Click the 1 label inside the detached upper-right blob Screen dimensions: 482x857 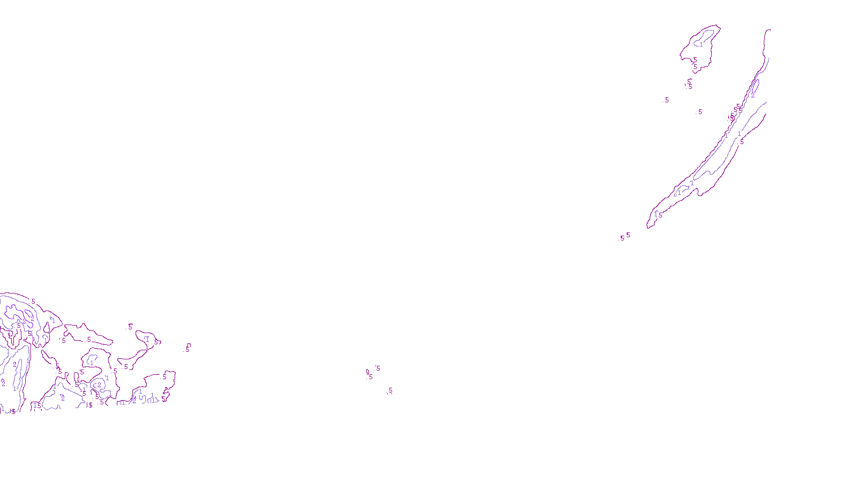pyautogui.click(x=701, y=44)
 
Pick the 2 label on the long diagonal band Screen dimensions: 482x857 pyautogui.click(x=753, y=95)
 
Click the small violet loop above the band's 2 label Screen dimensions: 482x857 pyautogui.click(x=755, y=86)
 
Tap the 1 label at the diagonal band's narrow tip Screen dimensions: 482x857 pyautogui.click(x=656, y=214)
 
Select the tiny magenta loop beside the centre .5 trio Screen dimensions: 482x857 pyautogui.click(x=367, y=371)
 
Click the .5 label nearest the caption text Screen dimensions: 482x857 pyautogui.click(x=390, y=391)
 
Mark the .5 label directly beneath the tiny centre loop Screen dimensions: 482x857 pyautogui.click(x=370, y=377)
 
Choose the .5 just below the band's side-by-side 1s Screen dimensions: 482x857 pyautogui.click(x=742, y=142)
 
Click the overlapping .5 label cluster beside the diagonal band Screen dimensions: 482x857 pyautogui.click(x=735, y=111)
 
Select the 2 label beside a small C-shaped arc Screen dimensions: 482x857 pyautogui.click(x=99, y=385)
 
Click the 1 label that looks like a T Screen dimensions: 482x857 pyautogui.click(x=147, y=338)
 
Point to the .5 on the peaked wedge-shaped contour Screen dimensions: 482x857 pyautogui.click(x=89, y=339)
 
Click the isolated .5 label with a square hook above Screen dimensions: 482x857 pyautogui.click(x=187, y=350)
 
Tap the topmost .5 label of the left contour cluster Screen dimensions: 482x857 pyautogui.click(x=33, y=302)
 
